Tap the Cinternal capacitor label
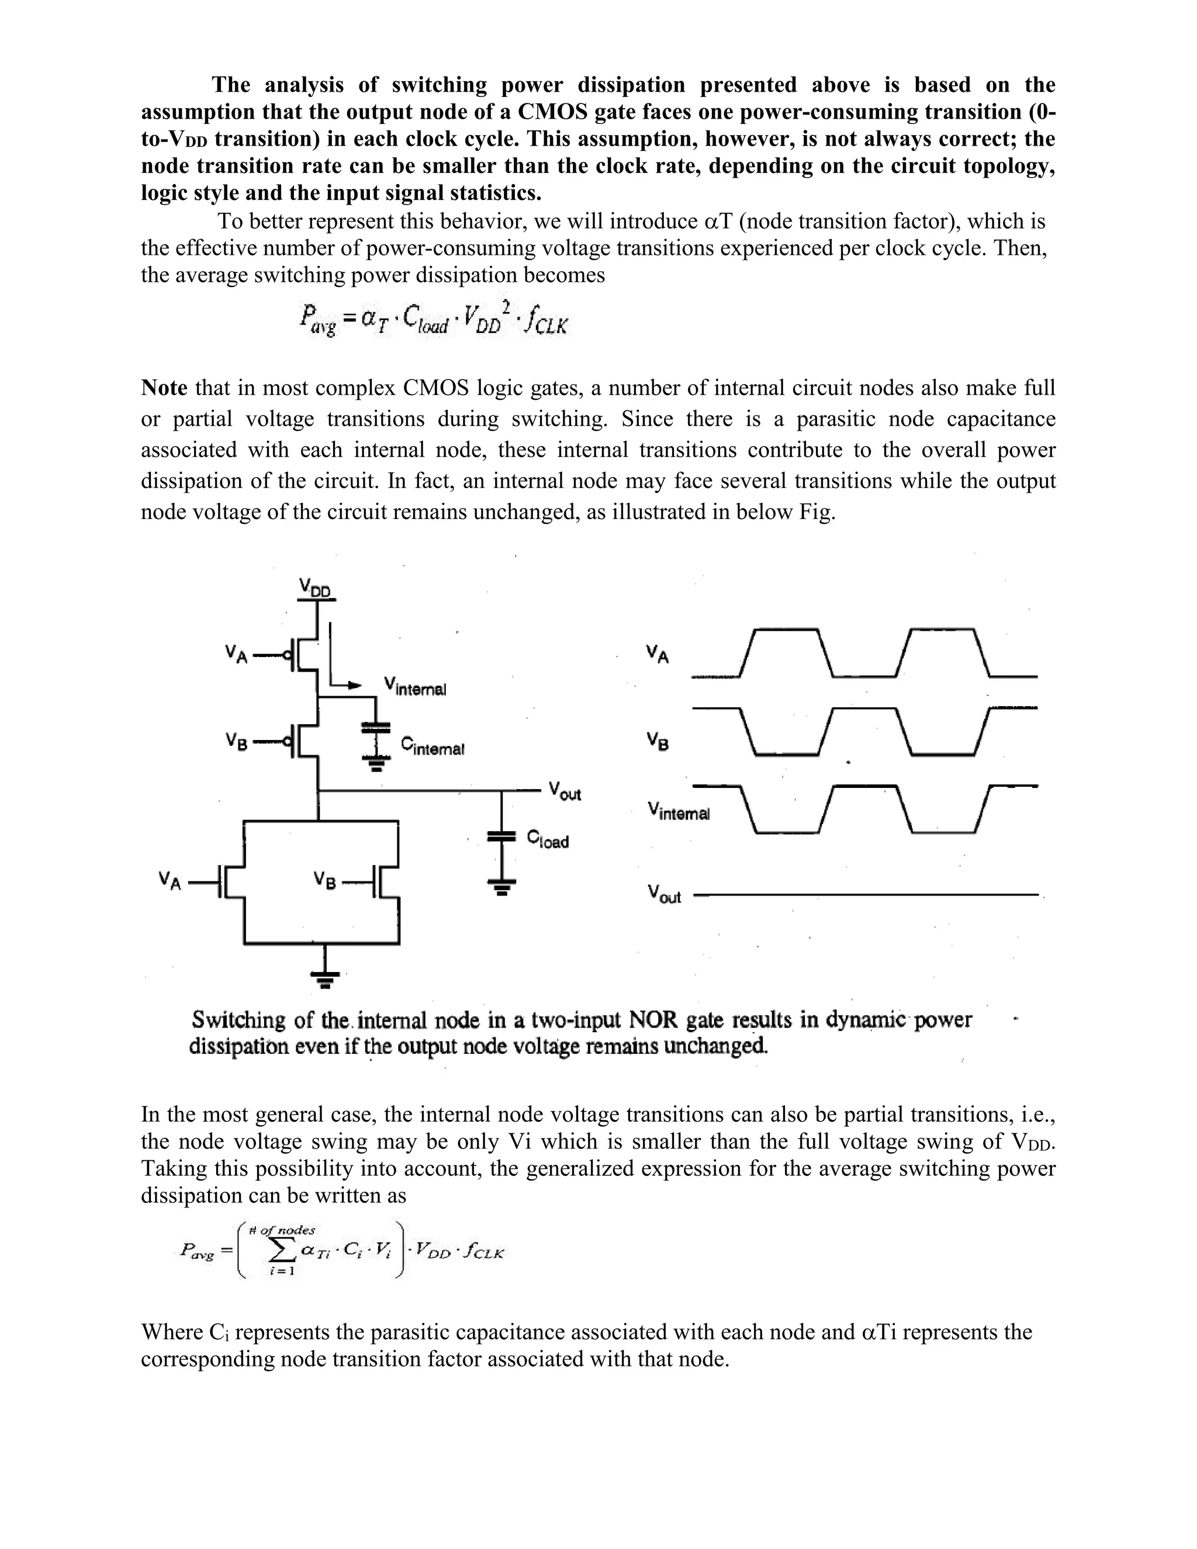432,745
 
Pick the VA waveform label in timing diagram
658,654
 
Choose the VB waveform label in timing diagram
658,741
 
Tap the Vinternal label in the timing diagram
678,811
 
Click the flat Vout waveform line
865,895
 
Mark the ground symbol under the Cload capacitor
501,887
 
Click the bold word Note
164,388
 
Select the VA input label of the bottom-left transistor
170,881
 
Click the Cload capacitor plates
501,837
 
